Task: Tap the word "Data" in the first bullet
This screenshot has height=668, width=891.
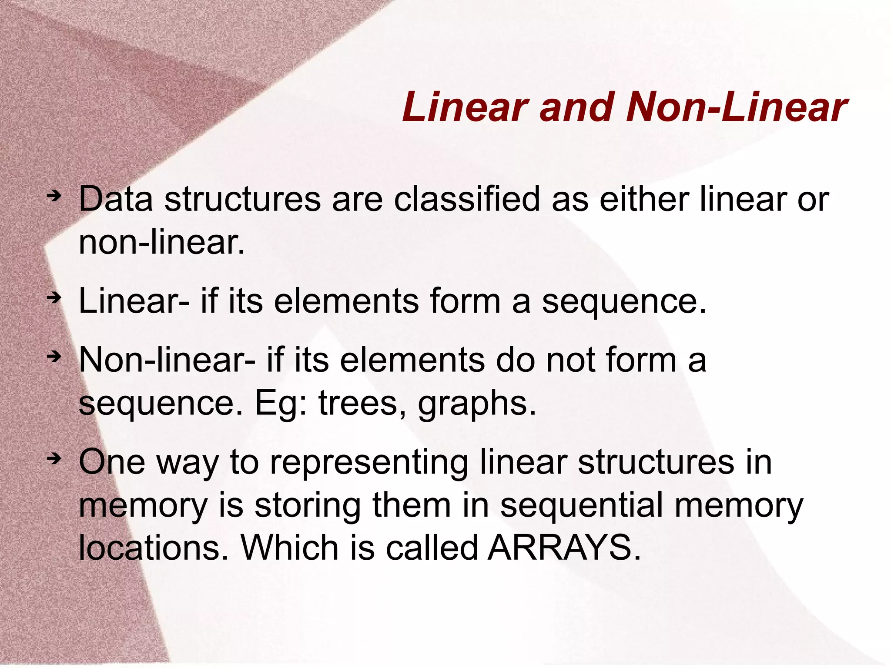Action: coord(116,200)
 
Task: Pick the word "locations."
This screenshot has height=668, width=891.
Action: coord(154,548)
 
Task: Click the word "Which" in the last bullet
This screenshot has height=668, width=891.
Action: coord(289,548)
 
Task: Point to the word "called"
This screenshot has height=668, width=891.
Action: coord(432,548)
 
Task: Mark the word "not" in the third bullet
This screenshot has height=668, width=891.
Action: coord(570,360)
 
